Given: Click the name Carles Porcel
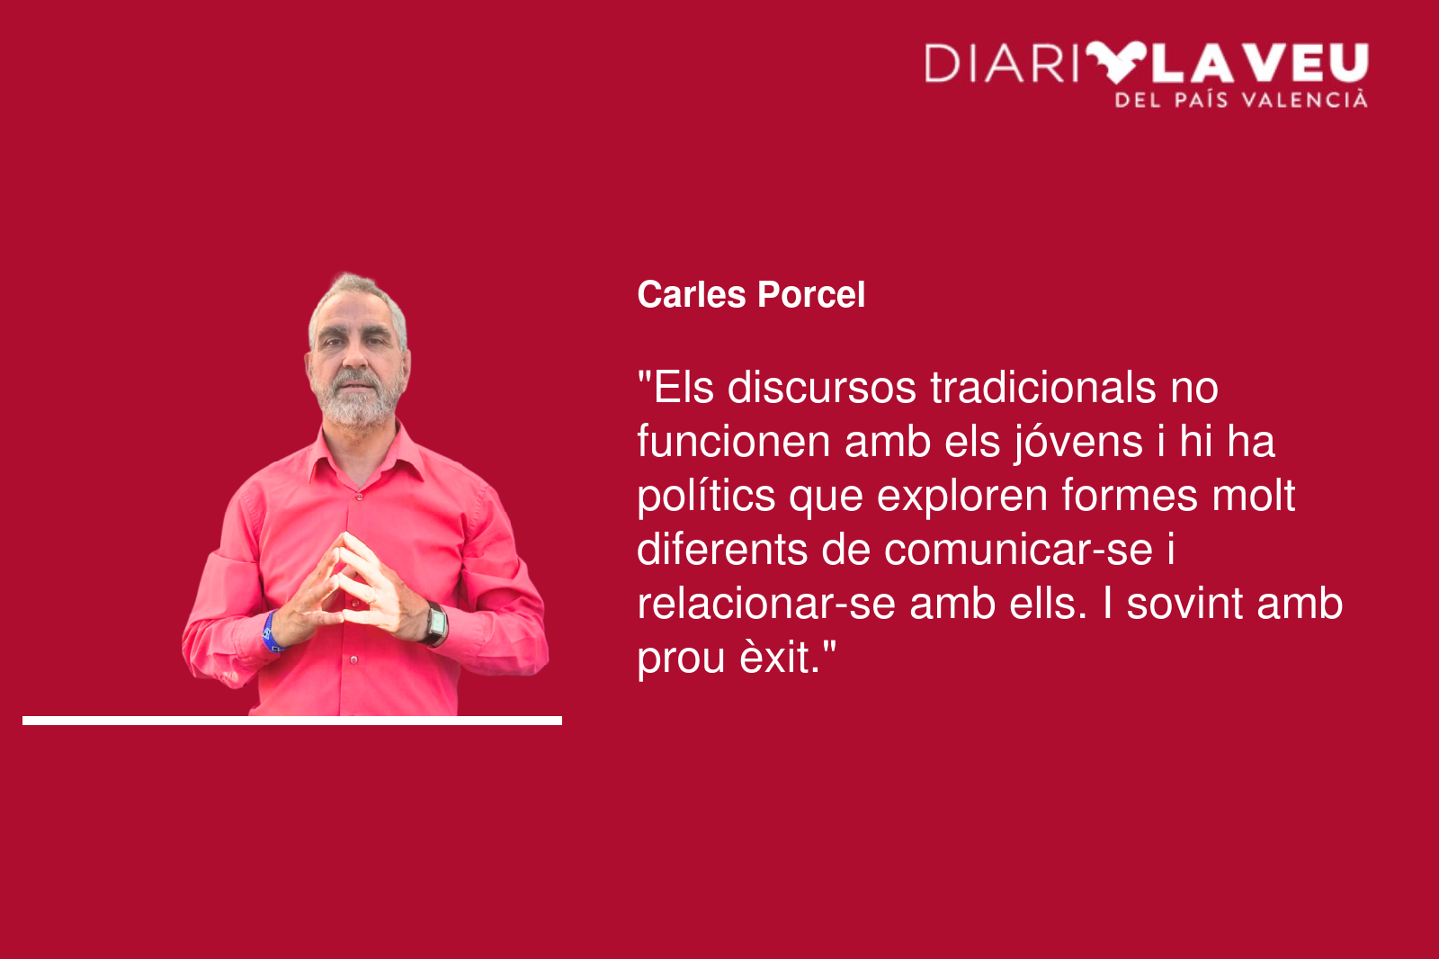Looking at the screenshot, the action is coord(751,295).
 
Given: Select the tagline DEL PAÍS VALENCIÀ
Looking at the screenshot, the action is coord(1241,100).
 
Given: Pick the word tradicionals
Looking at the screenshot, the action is coord(1042,388).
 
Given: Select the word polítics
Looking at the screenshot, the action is coord(706,497).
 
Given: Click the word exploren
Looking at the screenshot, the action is coord(961,497).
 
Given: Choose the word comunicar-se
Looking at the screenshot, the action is coord(1018,551).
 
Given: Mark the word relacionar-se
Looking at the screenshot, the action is coord(766,605).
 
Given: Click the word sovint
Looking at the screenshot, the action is coord(1184,605).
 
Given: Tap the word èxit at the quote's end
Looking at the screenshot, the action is coord(779,659).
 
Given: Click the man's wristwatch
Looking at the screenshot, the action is coord(435,623).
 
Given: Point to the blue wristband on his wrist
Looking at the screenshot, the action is coord(271,632).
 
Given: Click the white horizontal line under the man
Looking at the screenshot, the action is coord(292,721).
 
